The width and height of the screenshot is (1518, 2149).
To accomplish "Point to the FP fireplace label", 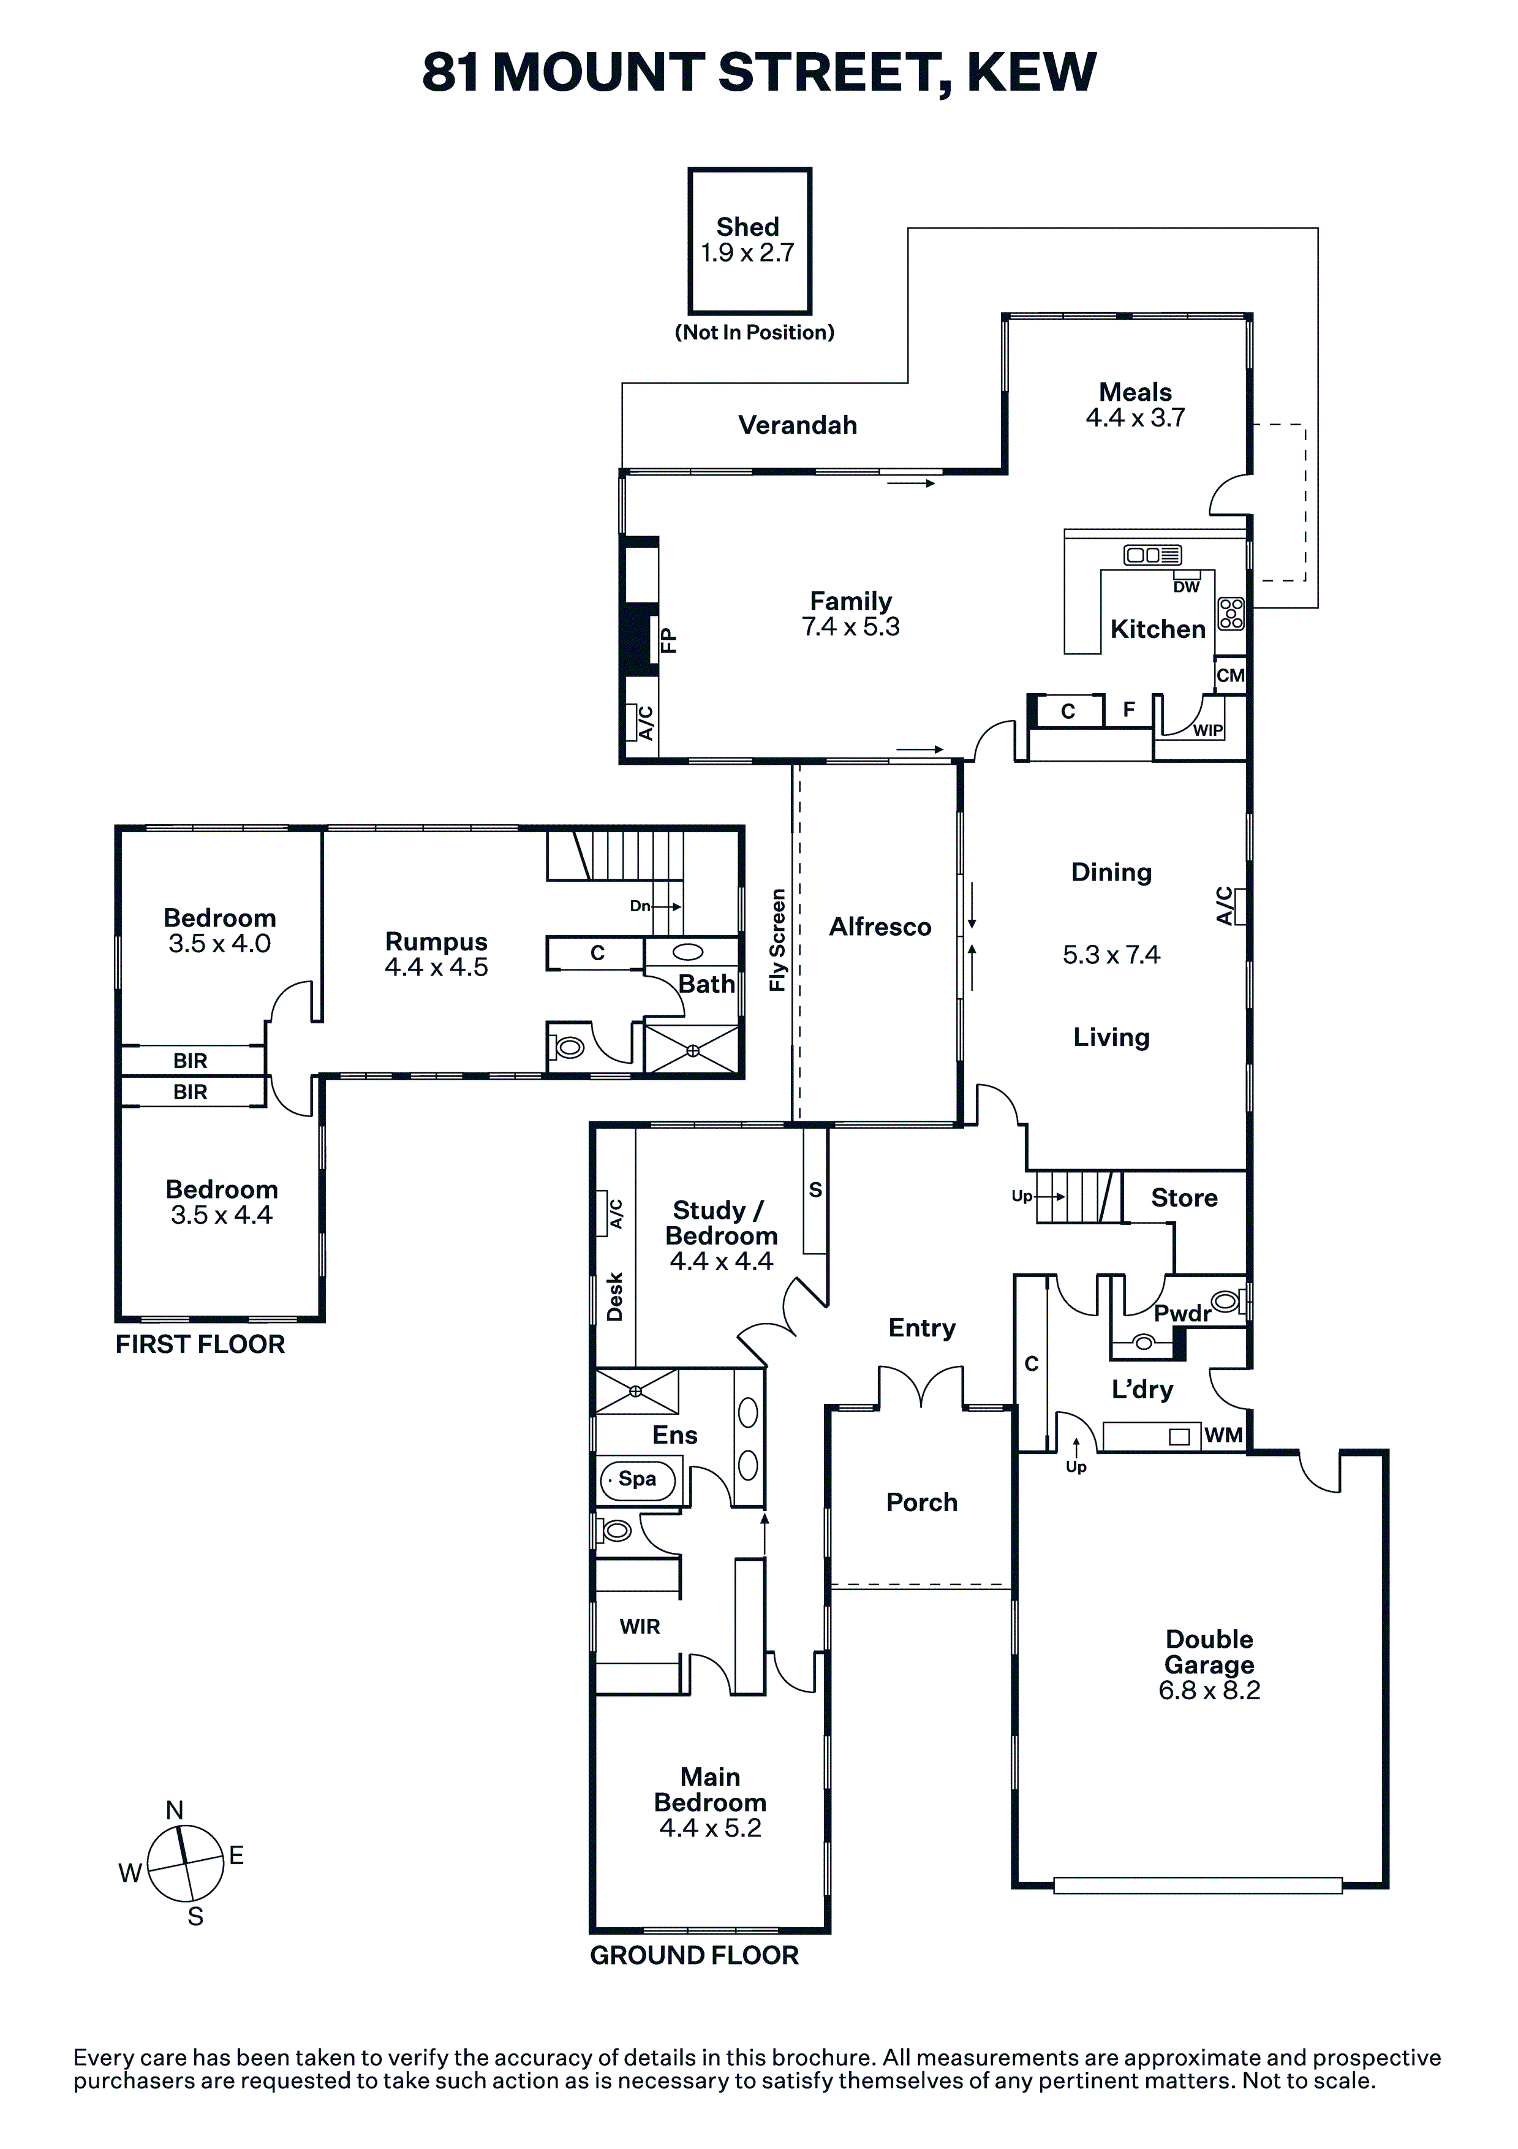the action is coord(668,640).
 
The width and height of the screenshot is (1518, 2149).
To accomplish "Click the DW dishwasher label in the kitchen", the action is coord(1186,587).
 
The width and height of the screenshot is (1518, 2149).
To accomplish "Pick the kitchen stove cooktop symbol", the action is coord(1231,613).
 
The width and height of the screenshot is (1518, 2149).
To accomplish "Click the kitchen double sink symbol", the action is coord(1152,555).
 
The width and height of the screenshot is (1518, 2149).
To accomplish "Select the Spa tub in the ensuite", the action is coord(637,1480).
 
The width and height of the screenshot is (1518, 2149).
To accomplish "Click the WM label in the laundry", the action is coord(1223,1435).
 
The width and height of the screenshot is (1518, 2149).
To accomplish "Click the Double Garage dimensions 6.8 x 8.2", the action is coord(1209,1691).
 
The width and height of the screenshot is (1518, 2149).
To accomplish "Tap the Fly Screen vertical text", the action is coord(777,940).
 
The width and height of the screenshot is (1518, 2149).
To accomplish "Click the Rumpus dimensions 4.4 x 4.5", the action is coord(436,967).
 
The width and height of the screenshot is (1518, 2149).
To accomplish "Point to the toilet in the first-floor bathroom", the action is coord(567,1047).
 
